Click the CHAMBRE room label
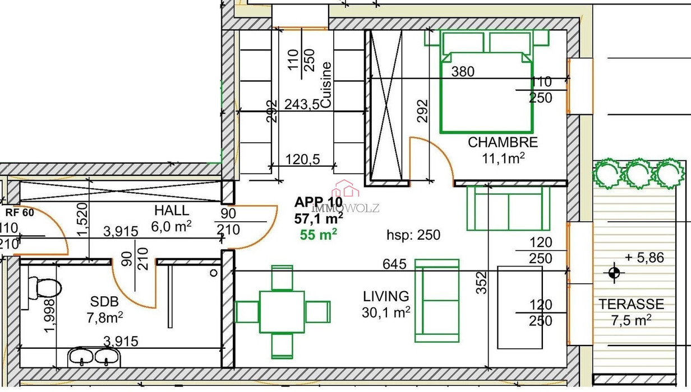pyautogui.click(x=503, y=143)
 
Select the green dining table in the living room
pyautogui.click(x=282, y=312)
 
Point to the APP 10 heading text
pyautogui.click(x=319, y=202)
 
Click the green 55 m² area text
pyautogui.click(x=319, y=235)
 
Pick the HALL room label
pyautogui.click(x=172, y=211)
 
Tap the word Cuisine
pyautogui.click(x=326, y=85)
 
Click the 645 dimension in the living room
pyautogui.click(x=394, y=264)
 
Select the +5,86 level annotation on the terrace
pyautogui.click(x=644, y=258)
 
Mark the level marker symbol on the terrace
pyautogui.click(x=614, y=273)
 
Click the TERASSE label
pyautogui.click(x=632, y=304)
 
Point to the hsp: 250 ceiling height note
pyautogui.click(x=413, y=235)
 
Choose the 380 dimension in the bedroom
pyautogui.click(x=463, y=72)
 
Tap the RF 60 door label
pyautogui.click(x=20, y=212)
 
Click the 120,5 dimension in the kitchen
pyautogui.click(x=303, y=160)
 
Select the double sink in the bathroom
pyautogui.click(x=94, y=357)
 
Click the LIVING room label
pyautogui.click(x=386, y=296)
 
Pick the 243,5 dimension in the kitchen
pyautogui.click(x=302, y=105)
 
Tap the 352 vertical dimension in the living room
pyautogui.click(x=481, y=282)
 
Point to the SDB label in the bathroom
pyautogui.click(x=104, y=301)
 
